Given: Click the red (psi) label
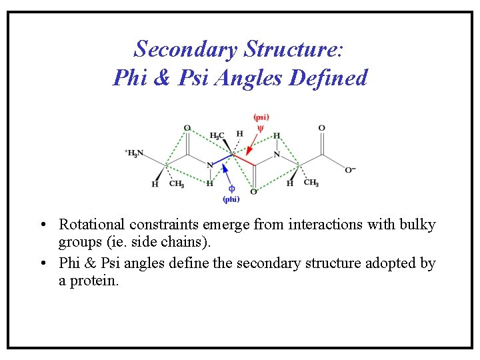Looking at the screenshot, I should [261, 117].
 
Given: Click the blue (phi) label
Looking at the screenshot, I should [231, 199].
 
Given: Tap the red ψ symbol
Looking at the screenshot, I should [261, 129].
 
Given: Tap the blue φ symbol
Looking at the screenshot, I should [231, 189].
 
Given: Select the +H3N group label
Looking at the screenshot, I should [134, 153].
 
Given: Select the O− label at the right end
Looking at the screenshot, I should [350, 170].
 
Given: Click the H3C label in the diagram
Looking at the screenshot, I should [217, 135].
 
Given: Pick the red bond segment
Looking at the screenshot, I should [244, 159].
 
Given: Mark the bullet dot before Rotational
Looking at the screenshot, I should [42, 225].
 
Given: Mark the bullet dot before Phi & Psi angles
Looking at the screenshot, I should [42, 263].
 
